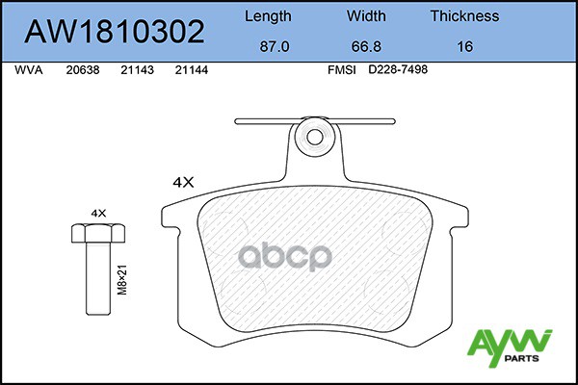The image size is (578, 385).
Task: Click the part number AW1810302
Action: [x=115, y=33]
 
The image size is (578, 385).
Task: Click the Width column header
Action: [x=366, y=16]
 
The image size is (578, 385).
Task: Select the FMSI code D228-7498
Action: [x=398, y=70]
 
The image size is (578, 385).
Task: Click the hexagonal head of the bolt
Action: [x=97, y=232]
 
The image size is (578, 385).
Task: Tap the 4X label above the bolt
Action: [x=97, y=211]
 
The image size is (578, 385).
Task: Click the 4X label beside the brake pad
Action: [x=183, y=181]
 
